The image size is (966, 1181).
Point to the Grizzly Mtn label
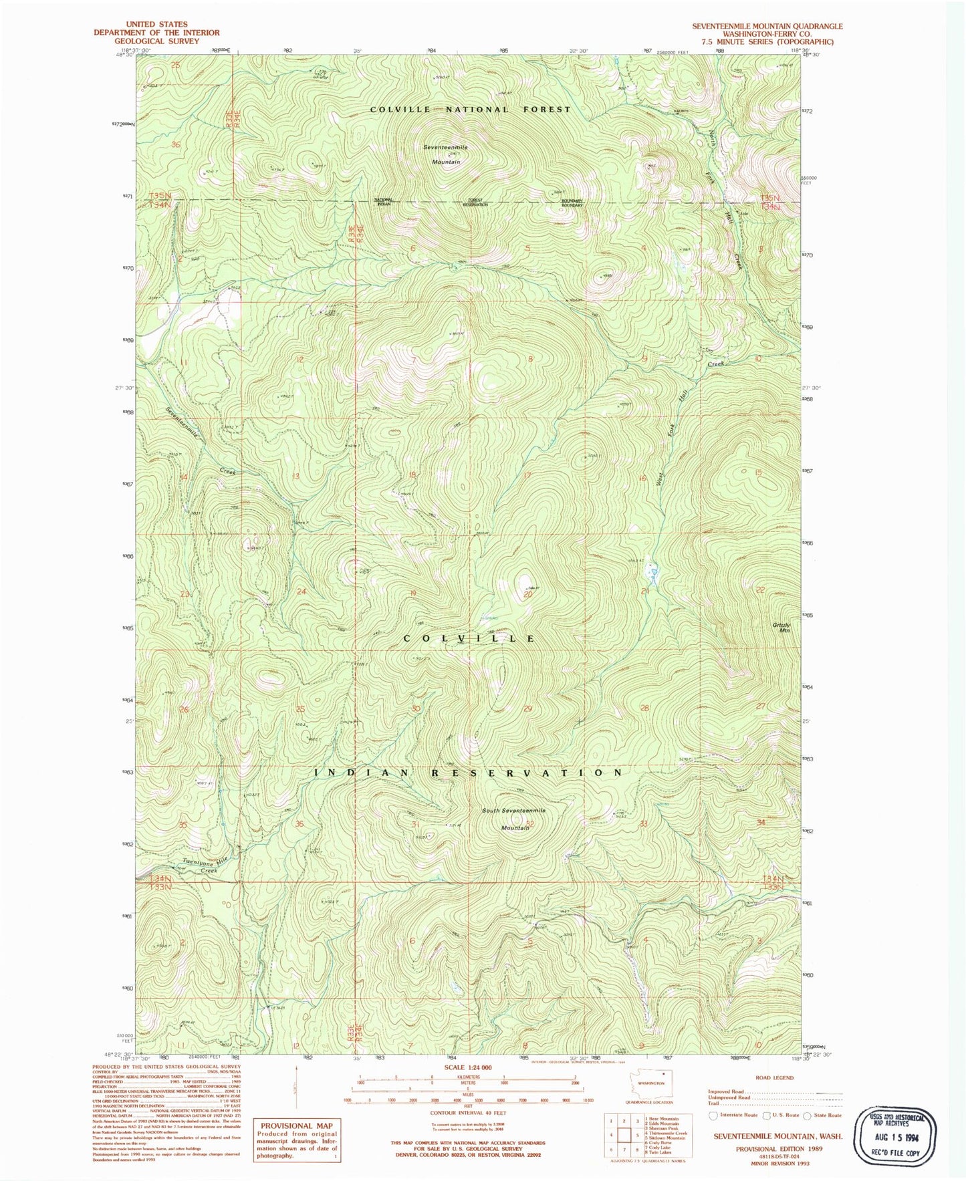[x=781, y=628]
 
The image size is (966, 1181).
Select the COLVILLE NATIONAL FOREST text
[x=471, y=109]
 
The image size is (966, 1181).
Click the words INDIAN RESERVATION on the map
[x=469, y=772]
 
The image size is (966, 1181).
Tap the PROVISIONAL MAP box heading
[x=296, y=1126]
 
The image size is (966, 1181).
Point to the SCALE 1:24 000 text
[x=468, y=1067]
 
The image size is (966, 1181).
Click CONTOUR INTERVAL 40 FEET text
[x=468, y=1113]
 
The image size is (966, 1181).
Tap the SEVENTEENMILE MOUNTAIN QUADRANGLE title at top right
[x=767, y=26]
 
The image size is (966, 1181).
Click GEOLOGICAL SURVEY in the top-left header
[x=156, y=41]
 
